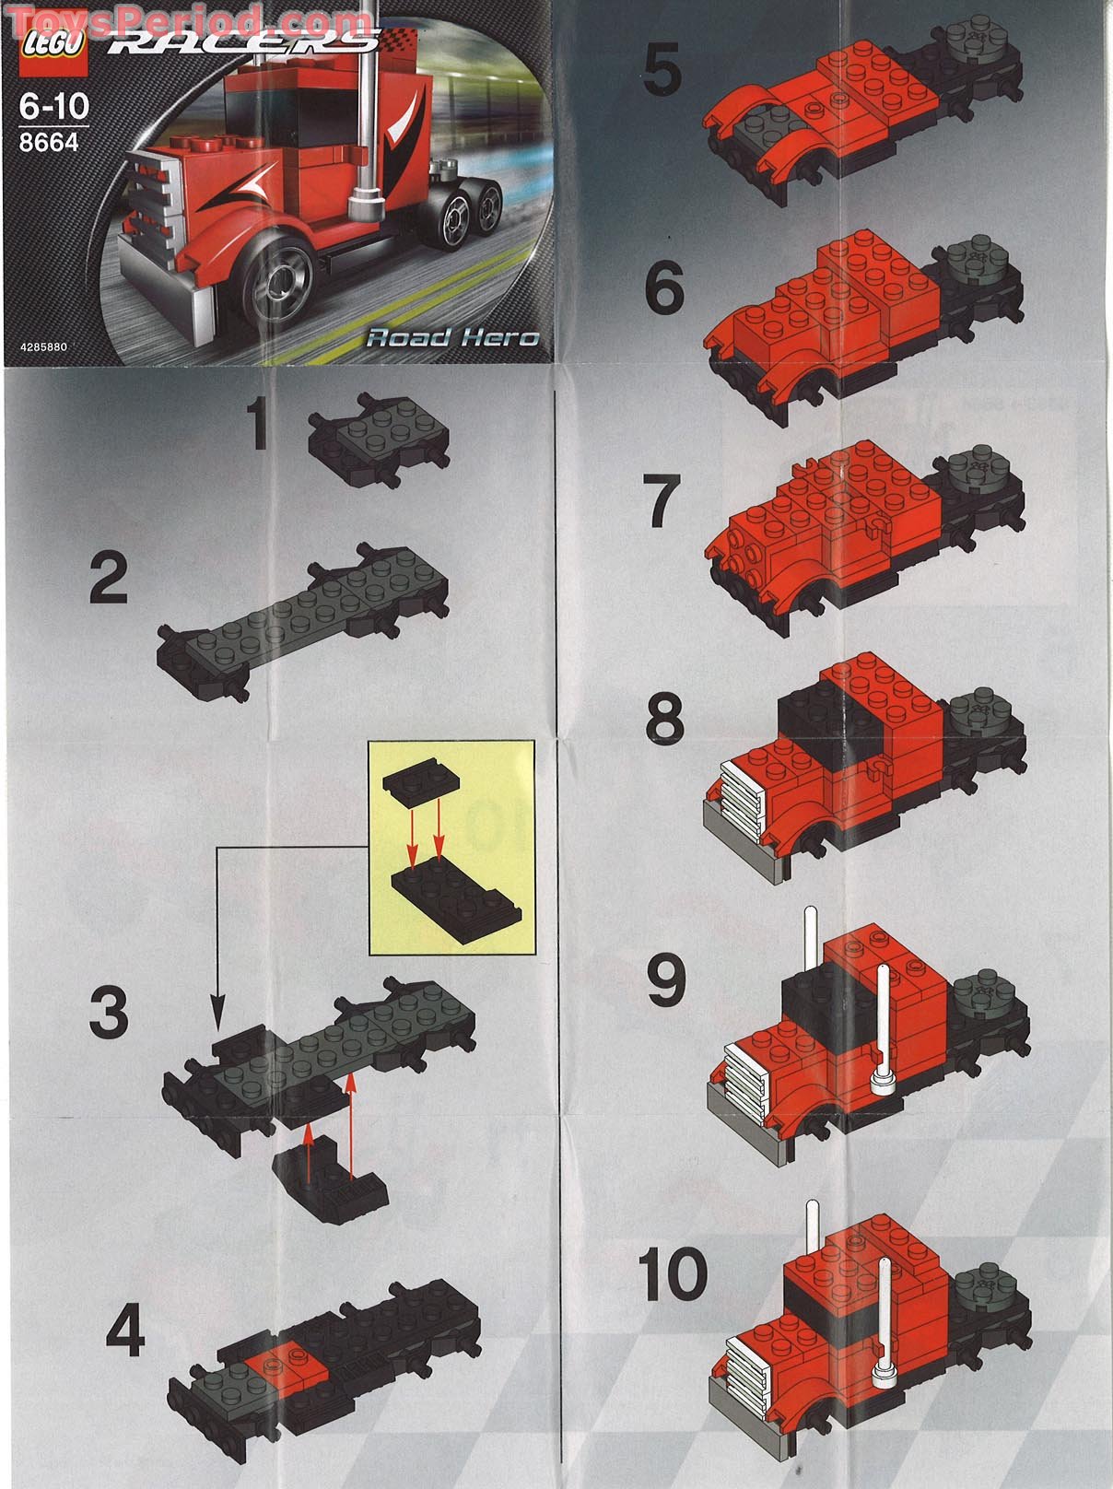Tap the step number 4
pos(125,1333)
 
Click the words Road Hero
pos(452,337)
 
